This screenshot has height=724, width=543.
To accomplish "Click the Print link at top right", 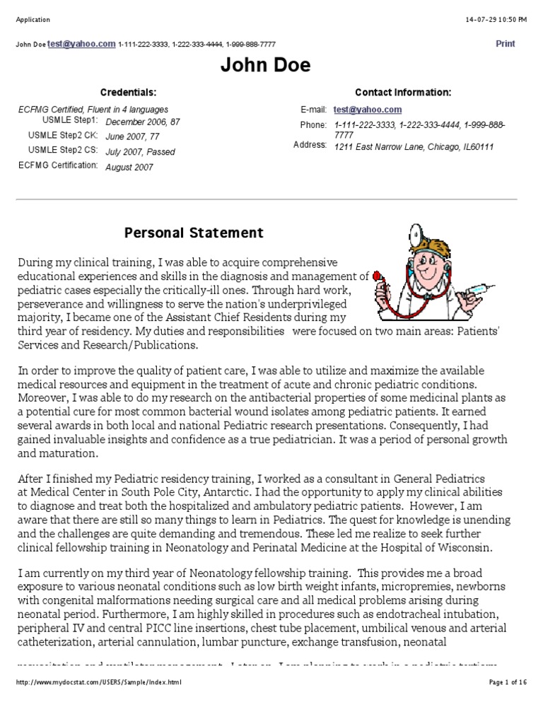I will [x=505, y=44].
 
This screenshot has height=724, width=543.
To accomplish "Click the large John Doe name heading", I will [x=265, y=66].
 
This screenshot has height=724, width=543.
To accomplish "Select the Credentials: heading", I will [x=128, y=93].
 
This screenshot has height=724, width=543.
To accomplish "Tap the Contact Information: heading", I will [x=402, y=93].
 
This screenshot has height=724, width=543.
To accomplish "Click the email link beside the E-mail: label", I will [x=368, y=110].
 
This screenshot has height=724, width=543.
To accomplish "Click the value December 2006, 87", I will [x=142, y=122].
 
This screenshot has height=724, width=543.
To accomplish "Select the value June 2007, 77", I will [x=132, y=136].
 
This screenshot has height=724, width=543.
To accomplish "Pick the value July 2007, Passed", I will [x=140, y=152].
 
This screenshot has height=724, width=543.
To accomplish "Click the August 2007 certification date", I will [x=129, y=168].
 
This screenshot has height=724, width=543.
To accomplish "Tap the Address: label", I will [x=310, y=145].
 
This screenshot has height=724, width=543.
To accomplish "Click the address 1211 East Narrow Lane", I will [x=414, y=147].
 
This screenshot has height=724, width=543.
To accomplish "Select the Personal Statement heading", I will [x=194, y=233].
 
